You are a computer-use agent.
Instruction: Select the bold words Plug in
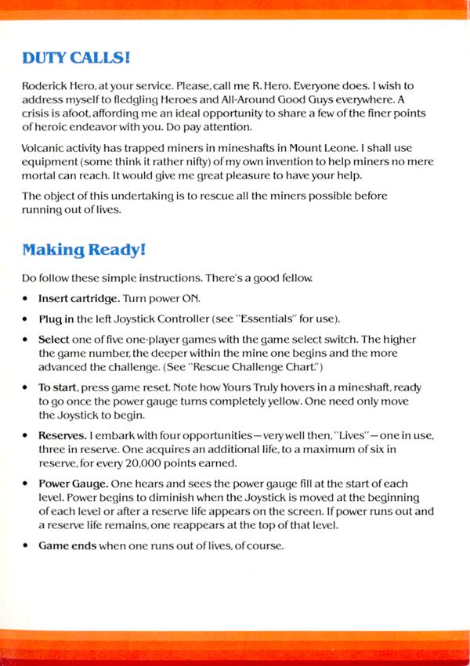click(x=57, y=319)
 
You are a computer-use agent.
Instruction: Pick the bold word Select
click(x=54, y=339)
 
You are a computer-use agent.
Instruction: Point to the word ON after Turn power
click(x=190, y=300)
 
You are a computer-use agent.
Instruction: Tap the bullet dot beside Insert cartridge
click(x=27, y=300)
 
